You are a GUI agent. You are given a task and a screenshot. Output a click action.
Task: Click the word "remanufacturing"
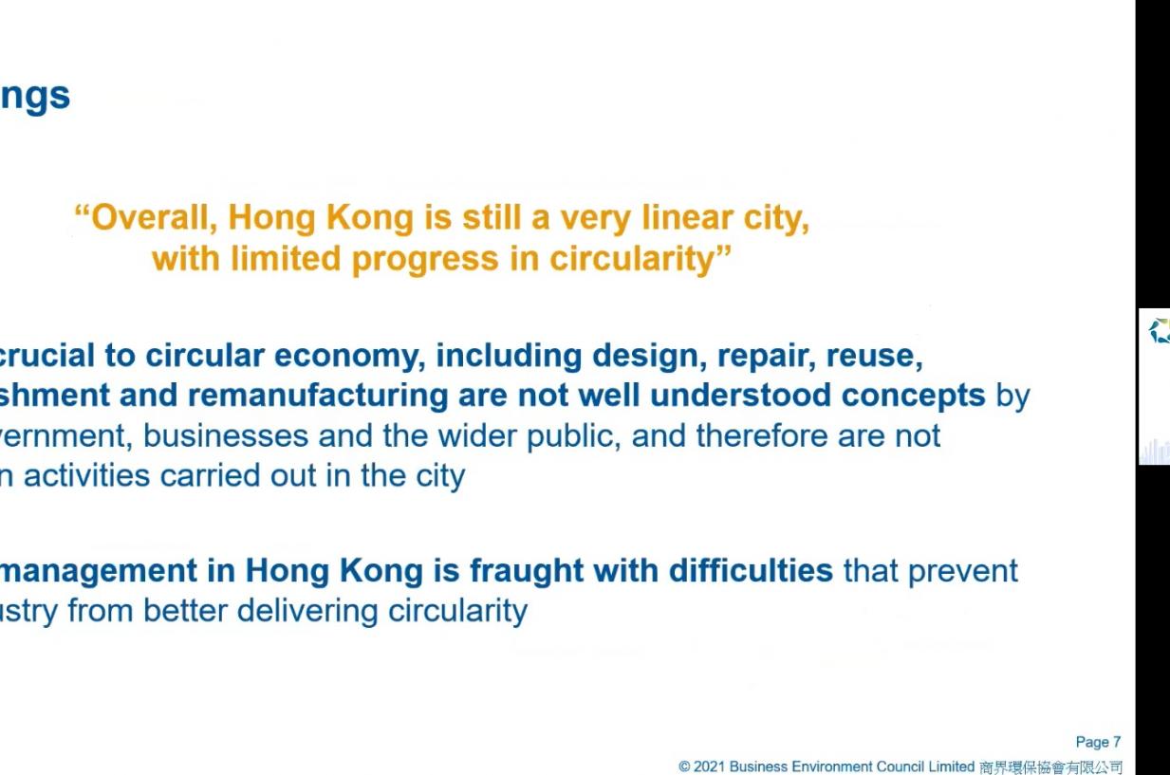tap(318, 396)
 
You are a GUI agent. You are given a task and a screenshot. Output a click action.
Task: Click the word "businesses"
tap(225, 436)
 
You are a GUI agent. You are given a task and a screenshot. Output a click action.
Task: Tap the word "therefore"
tap(762, 435)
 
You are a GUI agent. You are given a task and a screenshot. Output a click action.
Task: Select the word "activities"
tap(86, 476)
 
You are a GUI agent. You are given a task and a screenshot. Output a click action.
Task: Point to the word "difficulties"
tap(751, 570)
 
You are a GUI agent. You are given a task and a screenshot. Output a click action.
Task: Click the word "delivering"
tap(307, 612)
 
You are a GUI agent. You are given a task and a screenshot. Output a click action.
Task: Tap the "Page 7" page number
tap(1098, 742)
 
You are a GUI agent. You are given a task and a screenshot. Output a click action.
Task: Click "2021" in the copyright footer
tap(710, 766)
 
